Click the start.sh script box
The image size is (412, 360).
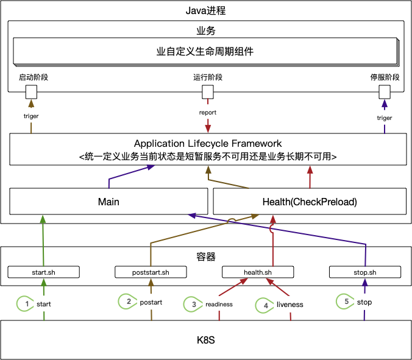[43, 272]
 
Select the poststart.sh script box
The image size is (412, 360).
[150, 272]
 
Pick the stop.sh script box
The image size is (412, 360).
[364, 272]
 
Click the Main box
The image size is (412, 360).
[108, 202]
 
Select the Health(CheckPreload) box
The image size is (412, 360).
[309, 202]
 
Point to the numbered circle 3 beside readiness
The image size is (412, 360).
[194, 304]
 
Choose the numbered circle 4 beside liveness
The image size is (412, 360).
[265, 304]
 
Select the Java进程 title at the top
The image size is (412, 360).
[206, 11]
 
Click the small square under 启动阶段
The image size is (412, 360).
[30, 92]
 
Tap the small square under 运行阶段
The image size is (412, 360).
[208, 92]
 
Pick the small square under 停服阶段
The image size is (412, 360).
[385, 92]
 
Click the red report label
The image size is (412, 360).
[208, 113]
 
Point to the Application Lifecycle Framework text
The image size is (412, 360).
[208, 144]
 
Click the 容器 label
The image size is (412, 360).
[205, 256]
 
